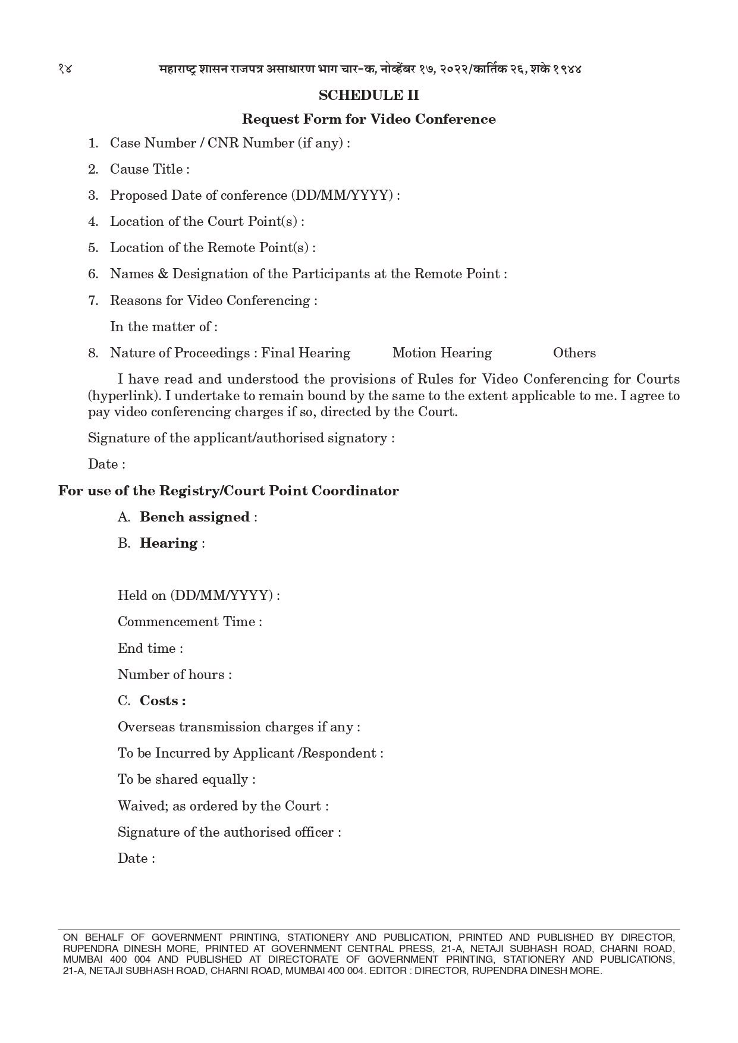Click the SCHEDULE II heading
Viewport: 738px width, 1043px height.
[x=369, y=95]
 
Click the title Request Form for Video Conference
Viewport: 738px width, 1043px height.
[x=369, y=119]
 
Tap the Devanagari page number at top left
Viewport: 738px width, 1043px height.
[x=65, y=68]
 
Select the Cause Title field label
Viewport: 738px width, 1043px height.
[x=149, y=169]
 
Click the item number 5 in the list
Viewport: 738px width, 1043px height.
[x=93, y=248]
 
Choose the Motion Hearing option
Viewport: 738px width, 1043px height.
[x=442, y=353]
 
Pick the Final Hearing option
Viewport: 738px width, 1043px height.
[x=306, y=353]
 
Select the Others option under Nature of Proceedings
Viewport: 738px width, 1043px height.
[x=574, y=353]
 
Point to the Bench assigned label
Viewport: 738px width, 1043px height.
[x=194, y=517]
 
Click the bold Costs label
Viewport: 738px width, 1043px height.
[x=162, y=701]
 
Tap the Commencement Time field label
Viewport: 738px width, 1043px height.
[x=190, y=622]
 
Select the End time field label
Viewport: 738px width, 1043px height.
[x=150, y=649]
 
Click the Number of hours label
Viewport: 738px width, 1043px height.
[x=174, y=675]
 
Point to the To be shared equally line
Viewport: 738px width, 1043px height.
[x=186, y=780]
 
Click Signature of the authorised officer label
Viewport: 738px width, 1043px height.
[x=229, y=832]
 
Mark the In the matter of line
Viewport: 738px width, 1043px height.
[x=164, y=327]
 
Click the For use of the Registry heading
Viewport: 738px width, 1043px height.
[x=228, y=491]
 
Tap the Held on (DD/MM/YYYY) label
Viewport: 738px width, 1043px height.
[x=199, y=596]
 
